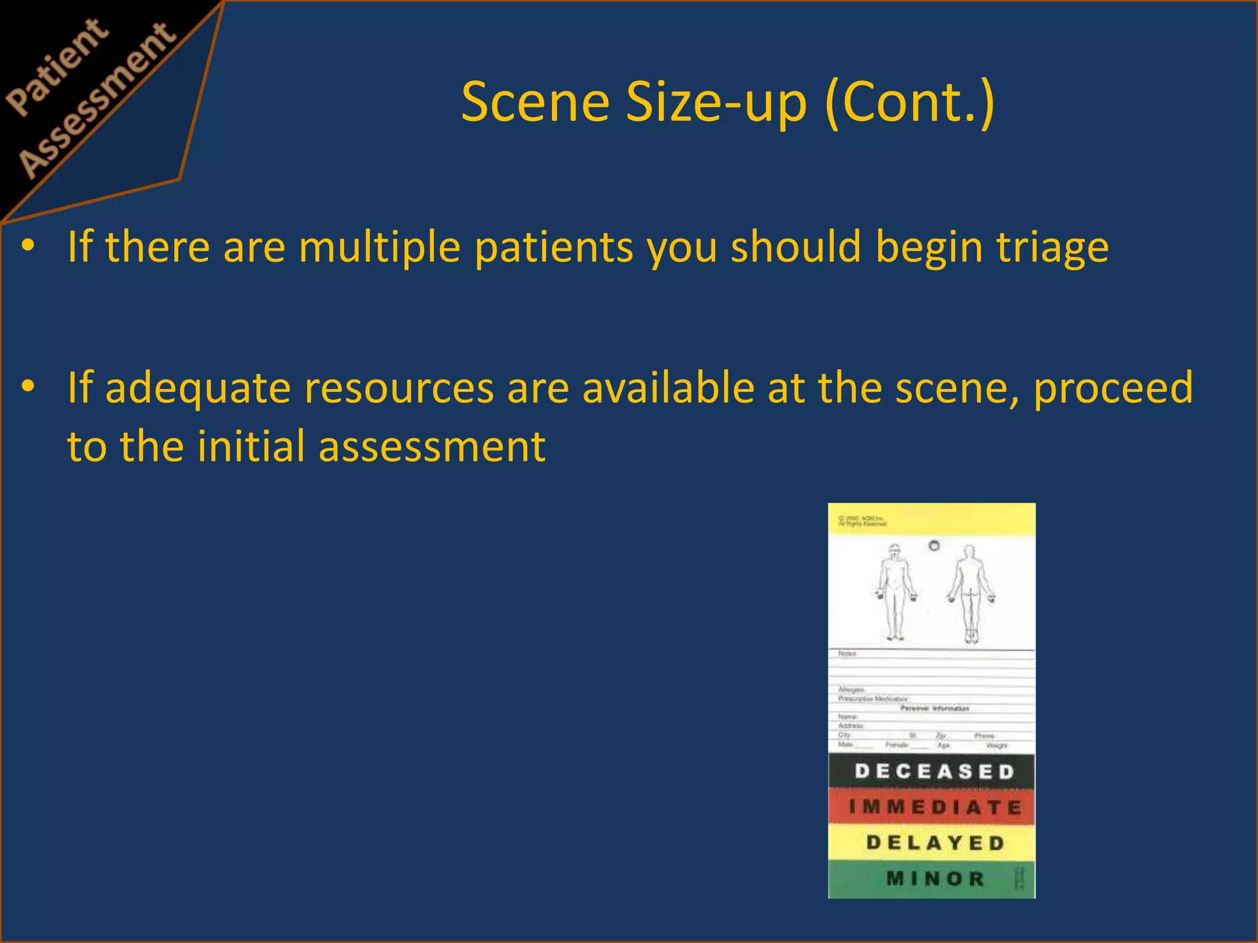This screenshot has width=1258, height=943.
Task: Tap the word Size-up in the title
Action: coord(716,103)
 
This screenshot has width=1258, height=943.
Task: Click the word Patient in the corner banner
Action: coord(58,67)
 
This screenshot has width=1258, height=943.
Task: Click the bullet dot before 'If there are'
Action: coord(28,246)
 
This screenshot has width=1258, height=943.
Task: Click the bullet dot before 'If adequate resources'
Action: coord(28,387)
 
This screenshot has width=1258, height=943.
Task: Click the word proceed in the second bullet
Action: coord(1112,389)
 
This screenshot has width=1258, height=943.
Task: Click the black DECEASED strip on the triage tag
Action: coord(931,771)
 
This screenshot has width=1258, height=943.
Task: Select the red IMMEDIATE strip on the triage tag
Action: coord(931,807)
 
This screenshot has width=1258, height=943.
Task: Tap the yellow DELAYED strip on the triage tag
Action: coord(931,842)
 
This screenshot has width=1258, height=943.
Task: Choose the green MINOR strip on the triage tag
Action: coord(931,879)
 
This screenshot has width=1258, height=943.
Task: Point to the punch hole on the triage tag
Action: coord(934,545)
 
